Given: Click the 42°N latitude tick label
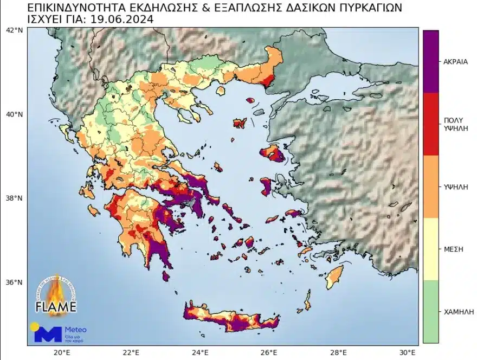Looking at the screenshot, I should click(14, 31).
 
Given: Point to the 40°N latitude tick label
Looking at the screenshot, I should click(14, 114).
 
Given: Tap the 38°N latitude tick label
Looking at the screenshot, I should click(14, 198).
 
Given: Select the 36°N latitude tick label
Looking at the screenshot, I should click(14, 282).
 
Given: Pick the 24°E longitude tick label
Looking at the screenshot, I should click(201, 352).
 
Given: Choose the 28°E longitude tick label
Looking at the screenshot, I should click(340, 352).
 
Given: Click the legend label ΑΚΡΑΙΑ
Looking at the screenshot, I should click(455, 61).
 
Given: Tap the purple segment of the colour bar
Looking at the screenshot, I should click(431, 61).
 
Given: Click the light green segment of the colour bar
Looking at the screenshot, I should click(431, 311).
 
